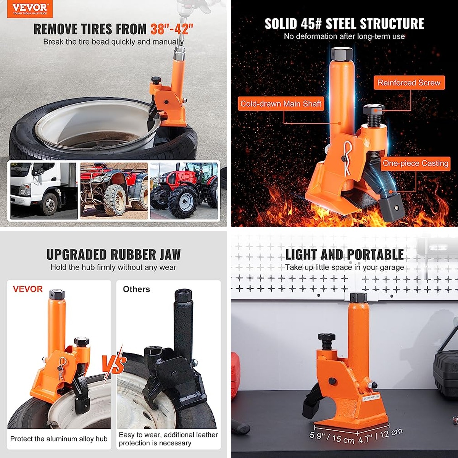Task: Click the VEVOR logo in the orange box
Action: coord(30,9)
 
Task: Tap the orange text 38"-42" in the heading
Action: coord(172,29)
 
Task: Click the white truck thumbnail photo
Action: coord(44,191)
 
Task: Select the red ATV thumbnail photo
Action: coord(114,191)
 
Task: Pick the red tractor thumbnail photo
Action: coord(184,191)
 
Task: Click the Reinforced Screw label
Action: coord(409,83)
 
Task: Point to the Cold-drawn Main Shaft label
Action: coord(281,104)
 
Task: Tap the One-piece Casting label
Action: coord(416,163)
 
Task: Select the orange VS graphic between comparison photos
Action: coord(114,363)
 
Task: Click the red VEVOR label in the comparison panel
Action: coord(28,289)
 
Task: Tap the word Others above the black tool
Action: coord(136,289)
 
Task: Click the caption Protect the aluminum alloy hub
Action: coord(59,439)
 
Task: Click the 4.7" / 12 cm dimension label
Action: coord(380,435)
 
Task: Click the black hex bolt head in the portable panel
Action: coord(327,337)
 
